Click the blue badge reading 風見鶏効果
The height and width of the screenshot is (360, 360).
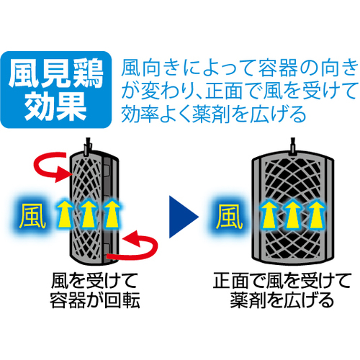tap(56, 89)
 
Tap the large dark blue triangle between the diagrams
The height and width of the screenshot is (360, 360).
tap(184, 217)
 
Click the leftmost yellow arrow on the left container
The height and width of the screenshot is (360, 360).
tap(65, 215)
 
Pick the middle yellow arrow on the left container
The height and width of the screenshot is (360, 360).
tap(89, 215)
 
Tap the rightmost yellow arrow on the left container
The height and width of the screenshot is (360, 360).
tap(112, 215)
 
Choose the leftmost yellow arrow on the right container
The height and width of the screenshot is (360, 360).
tap(269, 215)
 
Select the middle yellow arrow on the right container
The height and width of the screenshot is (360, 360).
tap(293, 215)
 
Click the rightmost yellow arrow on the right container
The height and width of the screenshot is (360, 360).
tap(317, 215)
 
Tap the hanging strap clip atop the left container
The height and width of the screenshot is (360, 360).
tap(87, 147)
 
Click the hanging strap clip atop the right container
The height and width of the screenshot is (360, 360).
tap(292, 147)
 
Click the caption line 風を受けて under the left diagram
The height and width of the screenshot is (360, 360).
tap(94, 281)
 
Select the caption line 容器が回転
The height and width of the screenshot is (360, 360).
tap(95, 300)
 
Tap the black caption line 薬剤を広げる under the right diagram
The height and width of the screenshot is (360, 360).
tap(282, 300)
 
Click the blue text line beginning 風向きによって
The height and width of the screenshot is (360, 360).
tap(240, 68)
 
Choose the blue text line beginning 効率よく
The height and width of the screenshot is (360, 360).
tap(214, 114)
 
